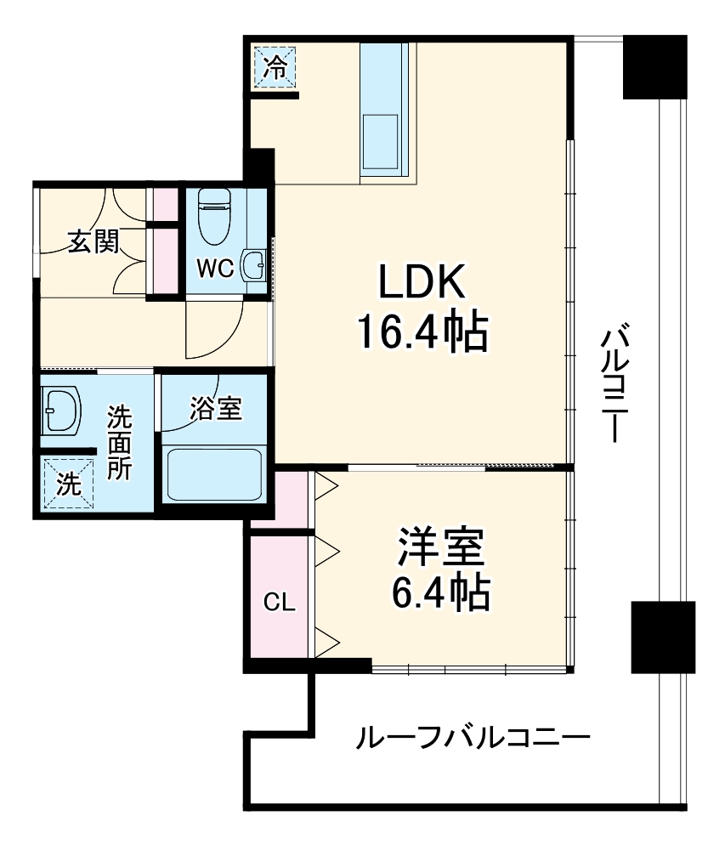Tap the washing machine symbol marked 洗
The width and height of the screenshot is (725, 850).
tap(65, 483)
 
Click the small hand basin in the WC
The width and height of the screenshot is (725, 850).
tap(252, 265)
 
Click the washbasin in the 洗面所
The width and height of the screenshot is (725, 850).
tap(60, 411)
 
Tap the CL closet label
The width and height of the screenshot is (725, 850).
tap(279, 603)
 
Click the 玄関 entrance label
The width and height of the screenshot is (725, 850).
tap(93, 242)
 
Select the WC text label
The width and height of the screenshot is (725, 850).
tap(215, 269)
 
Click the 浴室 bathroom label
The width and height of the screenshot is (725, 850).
tap(216, 409)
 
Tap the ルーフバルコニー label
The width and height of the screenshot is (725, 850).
tap(472, 736)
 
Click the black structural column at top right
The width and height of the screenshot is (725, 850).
tap(654, 66)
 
